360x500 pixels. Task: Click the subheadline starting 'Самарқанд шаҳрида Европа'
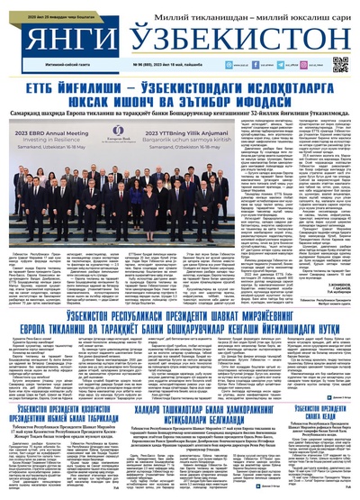click(x=180, y=110)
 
